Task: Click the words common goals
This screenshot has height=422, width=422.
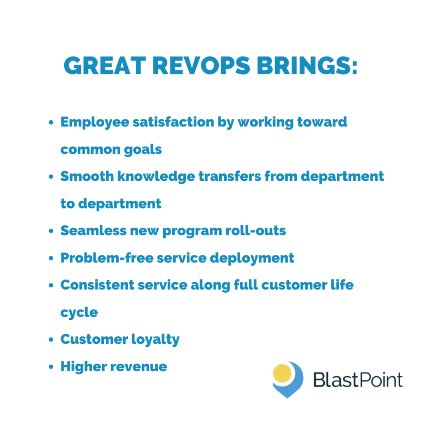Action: pyautogui.click(x=111, y=149)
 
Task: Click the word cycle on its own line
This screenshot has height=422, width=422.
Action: pyautogui.click(x=79, y=312)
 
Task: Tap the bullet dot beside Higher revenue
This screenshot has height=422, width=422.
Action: pyautogui.click(x=51, y=367)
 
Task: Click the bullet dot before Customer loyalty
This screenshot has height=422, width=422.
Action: pyautogui.click(x=51, y=340)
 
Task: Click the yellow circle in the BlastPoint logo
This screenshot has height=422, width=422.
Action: pyautogui.click(x=282, y=373)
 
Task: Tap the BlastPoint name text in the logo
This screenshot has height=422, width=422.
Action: pyautogui.click(x=357, y=379)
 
